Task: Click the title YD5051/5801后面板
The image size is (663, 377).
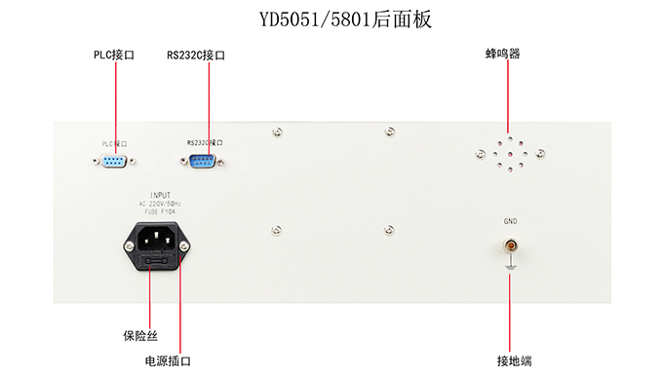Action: click(331, 19)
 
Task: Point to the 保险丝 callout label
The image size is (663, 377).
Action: click(139, 336)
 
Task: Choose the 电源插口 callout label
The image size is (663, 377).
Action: click(168, 360)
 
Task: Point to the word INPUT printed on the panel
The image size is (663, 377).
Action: click(160, 195)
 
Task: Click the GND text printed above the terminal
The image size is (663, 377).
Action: click(510, 222)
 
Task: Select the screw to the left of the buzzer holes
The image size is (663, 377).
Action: click(478, 153)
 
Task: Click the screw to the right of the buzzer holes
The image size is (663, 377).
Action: click(539, 153)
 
